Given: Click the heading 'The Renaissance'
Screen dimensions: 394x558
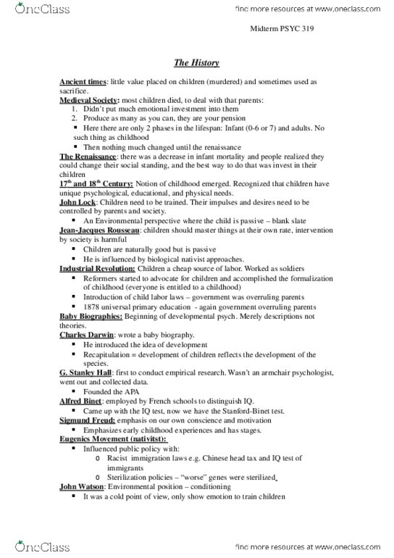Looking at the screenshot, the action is tap(86, 157).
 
